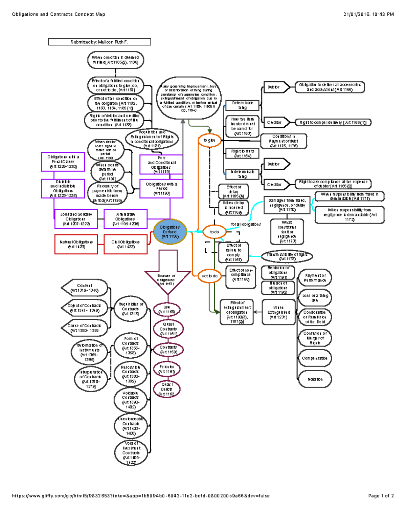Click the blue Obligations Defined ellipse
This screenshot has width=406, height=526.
[170, 232]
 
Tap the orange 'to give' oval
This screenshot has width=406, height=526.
[209, 140]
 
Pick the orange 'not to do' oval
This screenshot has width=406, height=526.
[210, 276]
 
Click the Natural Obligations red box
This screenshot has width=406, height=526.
[76, 244]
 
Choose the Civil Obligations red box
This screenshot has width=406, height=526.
[126, 244]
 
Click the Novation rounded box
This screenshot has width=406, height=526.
[315, 379]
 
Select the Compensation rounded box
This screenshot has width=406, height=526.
[315, 358]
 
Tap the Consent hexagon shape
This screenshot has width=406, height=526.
[85, 288]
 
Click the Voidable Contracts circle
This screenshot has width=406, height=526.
[131, 400]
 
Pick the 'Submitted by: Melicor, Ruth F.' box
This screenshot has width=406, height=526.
[99, 42]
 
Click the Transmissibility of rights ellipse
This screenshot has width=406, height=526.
[287, 256]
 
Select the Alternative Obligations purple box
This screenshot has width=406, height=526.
[126, 219]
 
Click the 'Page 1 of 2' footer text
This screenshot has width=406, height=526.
[381, 496]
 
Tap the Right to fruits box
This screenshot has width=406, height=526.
[243, 153]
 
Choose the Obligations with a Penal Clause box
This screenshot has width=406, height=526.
[63, 162]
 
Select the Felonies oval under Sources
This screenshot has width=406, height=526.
[167, 369]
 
